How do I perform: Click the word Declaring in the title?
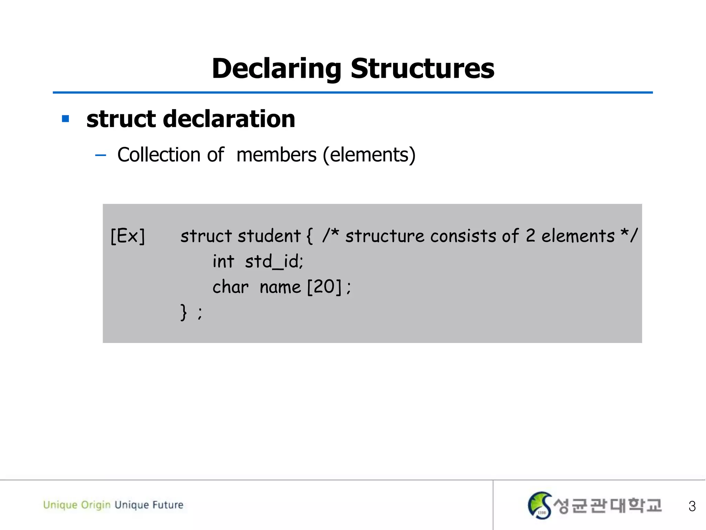click(x=276, y=69)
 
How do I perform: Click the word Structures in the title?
click(x=422, y=69)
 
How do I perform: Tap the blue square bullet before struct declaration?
click(x=65, y=119)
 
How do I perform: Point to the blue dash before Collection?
click(x=100, y=155)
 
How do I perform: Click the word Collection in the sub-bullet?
click(x=159, y=155)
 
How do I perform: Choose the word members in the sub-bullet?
click(x=276, y=155)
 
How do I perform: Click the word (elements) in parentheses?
click(x=369, y=155)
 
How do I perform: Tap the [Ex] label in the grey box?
click(x=128, y=236)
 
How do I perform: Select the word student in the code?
click(x=269, y=236)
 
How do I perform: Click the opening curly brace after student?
click(x=309, y=236)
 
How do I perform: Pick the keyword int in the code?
click(x=223, y=261)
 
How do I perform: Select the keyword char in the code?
click(x=230, y=287)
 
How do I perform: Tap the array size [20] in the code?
click(x=324, y=287)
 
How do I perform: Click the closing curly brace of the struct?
click(x=184, y=312)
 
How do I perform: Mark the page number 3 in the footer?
click(x=692, y=506)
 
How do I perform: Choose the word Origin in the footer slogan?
click(x=95, y=505)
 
